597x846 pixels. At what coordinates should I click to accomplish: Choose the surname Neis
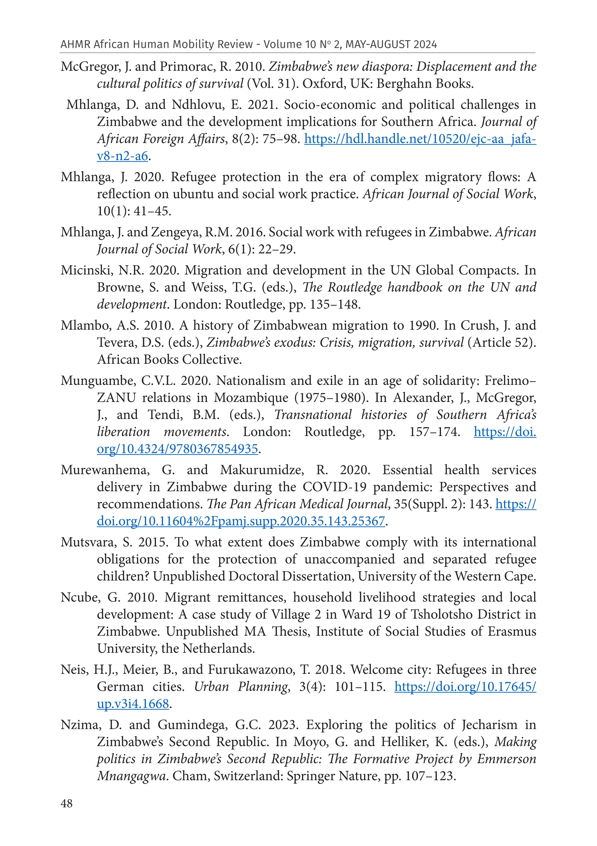tap(74, 669)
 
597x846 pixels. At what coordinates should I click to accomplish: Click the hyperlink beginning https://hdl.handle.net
tap(420, 139)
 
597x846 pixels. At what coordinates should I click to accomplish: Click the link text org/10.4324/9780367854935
tap(177, 449)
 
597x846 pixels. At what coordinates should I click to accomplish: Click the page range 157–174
tap(434, 431)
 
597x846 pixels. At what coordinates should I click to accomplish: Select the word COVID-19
tap(334, 487)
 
